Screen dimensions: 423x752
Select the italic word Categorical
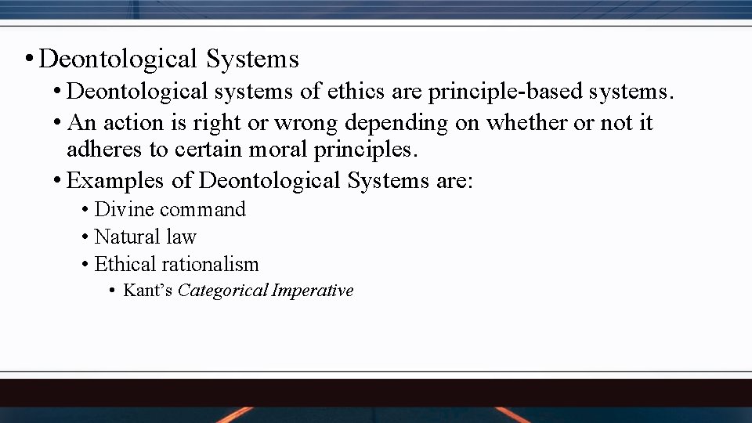[x=223, y=291]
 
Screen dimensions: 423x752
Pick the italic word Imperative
[x=313, y=291]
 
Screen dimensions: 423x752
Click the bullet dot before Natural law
[x=84, y=237]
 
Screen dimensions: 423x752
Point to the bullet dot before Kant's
[x=112, y=291]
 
